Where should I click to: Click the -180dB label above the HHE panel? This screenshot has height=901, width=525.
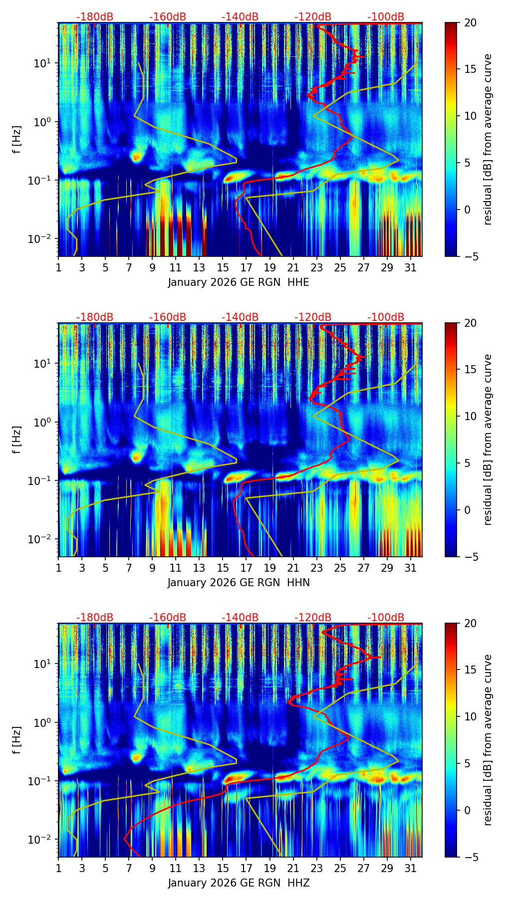tap(95, 17)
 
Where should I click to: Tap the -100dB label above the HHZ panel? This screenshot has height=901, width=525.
tap(386, 618)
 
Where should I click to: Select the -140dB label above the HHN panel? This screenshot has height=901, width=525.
tap(240, 317)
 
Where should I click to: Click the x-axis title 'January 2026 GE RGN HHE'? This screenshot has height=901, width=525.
tap(239, 282)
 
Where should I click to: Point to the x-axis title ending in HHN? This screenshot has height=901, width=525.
tap(239, 583)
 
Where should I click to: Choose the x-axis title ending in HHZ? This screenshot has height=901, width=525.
tap(239, 883)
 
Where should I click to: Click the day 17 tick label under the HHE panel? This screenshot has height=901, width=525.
tap(246, 267)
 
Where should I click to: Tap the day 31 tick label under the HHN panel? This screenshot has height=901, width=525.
tap(410, 568)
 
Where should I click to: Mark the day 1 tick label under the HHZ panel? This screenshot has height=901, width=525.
tap(59, 868)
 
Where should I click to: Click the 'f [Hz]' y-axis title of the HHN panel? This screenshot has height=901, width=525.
tap(17, 440)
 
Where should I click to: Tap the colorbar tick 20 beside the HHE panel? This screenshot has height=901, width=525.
tap(470, 22)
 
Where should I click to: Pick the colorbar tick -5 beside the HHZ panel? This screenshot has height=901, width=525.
tap(470, 857)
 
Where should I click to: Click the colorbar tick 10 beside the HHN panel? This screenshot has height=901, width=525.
tap(470, 416)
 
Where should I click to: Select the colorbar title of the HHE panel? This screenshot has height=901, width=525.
tap(488, 139)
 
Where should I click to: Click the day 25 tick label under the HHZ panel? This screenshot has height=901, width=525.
tap(340, 868)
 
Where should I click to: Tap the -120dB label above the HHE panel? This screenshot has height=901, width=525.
tap(313, 17)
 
